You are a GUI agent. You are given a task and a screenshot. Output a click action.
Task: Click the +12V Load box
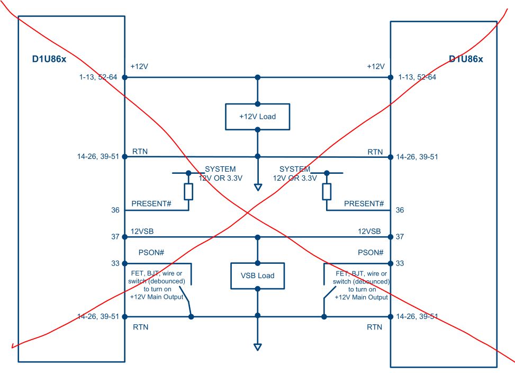pyautogui.click(x=258, y=117)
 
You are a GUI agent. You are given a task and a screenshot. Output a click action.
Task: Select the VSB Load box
pyautogui.click(x=258, y=276)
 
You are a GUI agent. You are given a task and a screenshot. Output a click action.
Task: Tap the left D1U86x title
pyautogui.click(x=50, y=58)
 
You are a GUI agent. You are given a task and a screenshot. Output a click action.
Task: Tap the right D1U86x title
pyautogui.click(x=466, y=59)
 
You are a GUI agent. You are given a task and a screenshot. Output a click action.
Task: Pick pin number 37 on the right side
pyautogui.click(x=400, y=237)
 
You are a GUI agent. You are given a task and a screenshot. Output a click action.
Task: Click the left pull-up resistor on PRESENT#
pyautogui.click(x=188, y=191)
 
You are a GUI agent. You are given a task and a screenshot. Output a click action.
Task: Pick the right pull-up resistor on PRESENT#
pyautogui.click(x=327, y=191)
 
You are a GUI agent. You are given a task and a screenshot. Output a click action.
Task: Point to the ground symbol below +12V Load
pyautogui.click(x=258, y=187)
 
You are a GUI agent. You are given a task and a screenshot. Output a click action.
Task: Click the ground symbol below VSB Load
pyautogui.click(x=258, y=347)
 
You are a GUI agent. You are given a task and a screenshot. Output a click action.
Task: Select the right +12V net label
pyautogui.click(x=375, y=67)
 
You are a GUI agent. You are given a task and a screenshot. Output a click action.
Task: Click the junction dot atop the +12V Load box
pyautogui.click(x=258, y=104)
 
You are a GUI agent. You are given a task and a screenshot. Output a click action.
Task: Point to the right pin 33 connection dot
pyautogui.click(x=391, y=263)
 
